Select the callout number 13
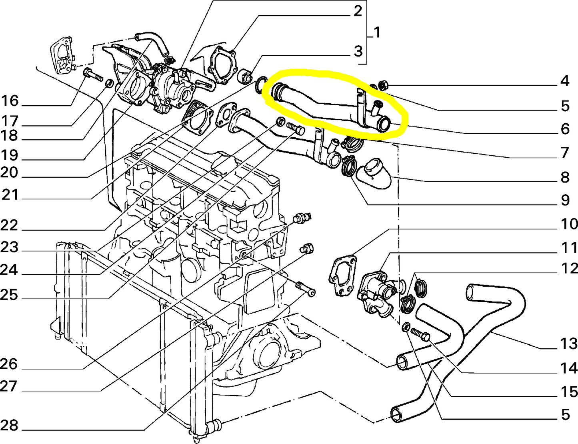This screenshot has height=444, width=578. point(568,344)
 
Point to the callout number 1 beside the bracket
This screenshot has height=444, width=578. point(377,32)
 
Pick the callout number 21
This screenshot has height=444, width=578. point(10,195)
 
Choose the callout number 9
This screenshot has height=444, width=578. point(565,200)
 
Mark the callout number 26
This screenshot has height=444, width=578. point(9,364)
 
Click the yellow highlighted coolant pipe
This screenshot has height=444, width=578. point(320,106)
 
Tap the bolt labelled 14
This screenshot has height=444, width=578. point(419,333)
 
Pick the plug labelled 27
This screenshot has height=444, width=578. point(307,248)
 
